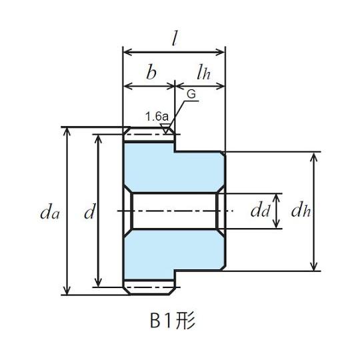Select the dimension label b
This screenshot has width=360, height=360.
[x=151, y=71]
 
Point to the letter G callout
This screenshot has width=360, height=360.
[x=191, y=94]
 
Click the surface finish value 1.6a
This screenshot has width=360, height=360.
[x=157, y=117]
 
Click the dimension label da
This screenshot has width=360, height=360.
[x=50, y=213]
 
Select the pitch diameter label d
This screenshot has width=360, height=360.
[x=89, y=211]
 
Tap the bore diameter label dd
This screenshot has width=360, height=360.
[x=260, y=211]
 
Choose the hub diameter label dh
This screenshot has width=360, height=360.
[x=301, y=211]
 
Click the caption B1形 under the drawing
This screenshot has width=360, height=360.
[x=173, y=321]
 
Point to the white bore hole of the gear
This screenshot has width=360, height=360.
[x=175, y=211]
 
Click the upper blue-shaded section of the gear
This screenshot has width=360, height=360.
[x=175, y=169]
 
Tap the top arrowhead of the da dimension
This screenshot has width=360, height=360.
[x=67, y=131]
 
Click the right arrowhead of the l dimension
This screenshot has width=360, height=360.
[x=220, y=52]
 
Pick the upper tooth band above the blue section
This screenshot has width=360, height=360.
[x=149, y=135]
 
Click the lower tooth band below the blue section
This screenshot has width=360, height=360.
[x=149, y=287]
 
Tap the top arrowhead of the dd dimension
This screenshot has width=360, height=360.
[x=277, y=199]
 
